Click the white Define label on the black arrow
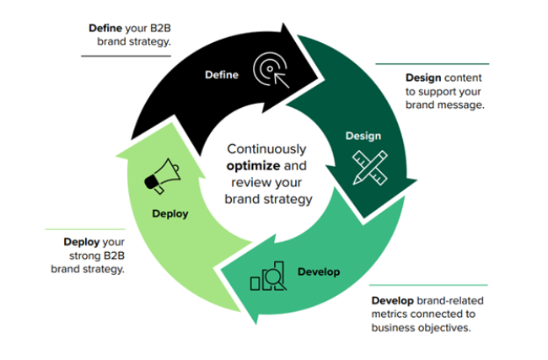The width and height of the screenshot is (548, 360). pyautogui.click(x=222, y=74)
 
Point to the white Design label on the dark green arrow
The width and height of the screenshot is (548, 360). pyautogui.click(x=363, y=136)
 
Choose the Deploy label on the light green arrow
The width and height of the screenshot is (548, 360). pyautogui.click(x=169, y=213)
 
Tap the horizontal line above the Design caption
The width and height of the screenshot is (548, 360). pyautogui.click(x=432, y=63)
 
